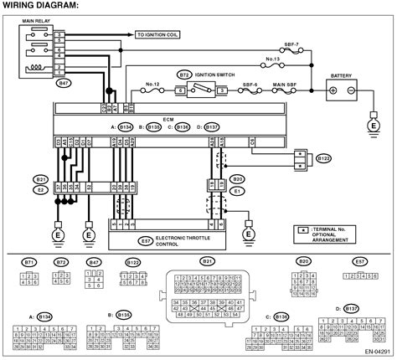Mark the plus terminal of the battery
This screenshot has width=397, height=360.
[x=333, y=90]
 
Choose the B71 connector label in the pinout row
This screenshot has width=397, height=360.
[x=29, y=262]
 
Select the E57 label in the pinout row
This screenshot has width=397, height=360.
[x=359, y=262]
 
